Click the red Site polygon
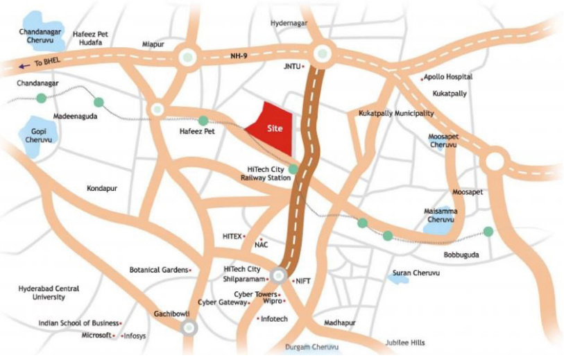click(272, 128)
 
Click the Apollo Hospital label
click(449, 77)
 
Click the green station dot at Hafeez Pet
click(203, 121)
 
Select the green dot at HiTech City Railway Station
click(293, 169)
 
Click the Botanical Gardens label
click(159, 269)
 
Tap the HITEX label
click(231, 237)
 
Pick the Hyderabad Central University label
click(49, 293)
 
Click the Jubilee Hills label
click(406, 343)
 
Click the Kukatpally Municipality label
click(396, 113)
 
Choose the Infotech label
click(274, 319)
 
